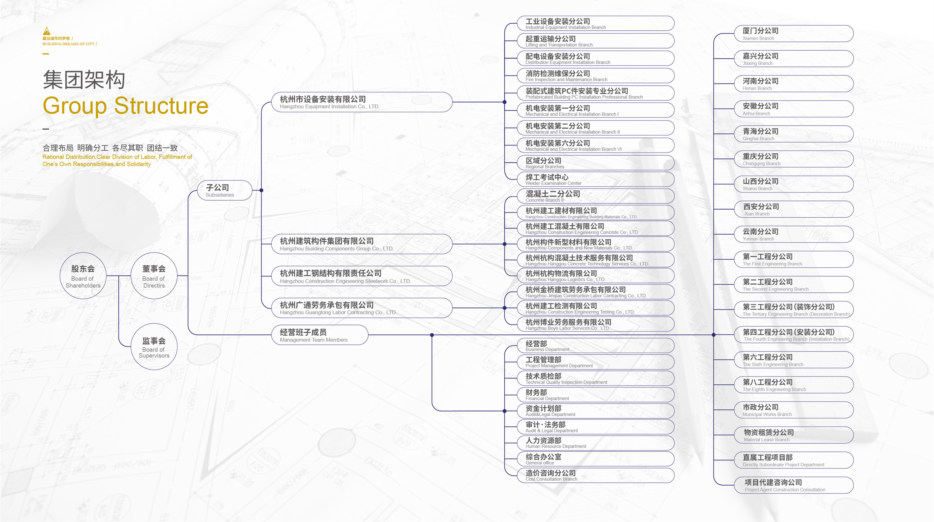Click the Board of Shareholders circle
click(x=83, y=276)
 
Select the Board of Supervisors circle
click(x=154, y=347)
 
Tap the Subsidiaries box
click(x=224, y=190)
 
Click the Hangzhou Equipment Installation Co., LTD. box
click(x=362, y=102)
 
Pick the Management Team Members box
click(x=319, y=335)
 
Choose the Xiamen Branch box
click(x=793, y=34)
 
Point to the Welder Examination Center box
click(x=595, y=179)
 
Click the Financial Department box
click(x=595, y=395)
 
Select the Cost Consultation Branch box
click(x=595, y=475)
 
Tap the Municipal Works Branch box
click(x=793, y=410)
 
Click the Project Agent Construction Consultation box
click(x=793, y=485)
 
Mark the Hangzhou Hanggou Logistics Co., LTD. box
click(x=595, y=276)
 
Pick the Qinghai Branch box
click(x=793, y=134)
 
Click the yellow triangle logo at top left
click(x=47, y=31)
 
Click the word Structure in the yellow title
click(x=161, y=106)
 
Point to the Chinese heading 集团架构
click(x=84, y=80)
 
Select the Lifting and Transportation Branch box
click(x=595, y=41)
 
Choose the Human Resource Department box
click(x=595, y=443)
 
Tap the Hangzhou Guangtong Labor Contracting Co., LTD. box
click(x=362, y=308)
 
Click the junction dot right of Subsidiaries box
click(x=262, y=190)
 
